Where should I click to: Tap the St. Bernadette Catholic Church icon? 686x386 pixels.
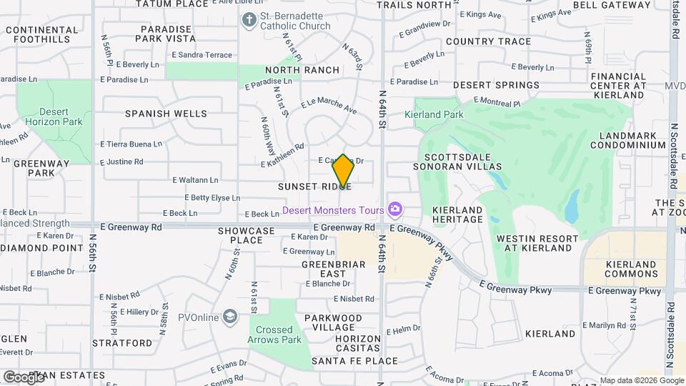coord(249,19)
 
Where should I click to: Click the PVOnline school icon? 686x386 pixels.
coord(230,316)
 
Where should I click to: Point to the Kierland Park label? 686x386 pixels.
coord(434,114)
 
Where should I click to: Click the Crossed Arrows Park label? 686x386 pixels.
coord(275,335)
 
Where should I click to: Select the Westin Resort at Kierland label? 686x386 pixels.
coord(537,243)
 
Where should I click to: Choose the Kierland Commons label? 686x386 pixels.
coord(631,269)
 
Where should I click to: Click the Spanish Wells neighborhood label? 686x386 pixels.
coord(166,114)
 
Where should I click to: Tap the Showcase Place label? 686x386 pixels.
coord(247,236)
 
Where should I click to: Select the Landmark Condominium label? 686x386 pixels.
coord(633,140)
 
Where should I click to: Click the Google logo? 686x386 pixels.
coord(24,377)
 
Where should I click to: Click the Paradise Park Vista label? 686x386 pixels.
coord(168,34)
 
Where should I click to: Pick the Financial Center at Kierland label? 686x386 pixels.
coord(618,90)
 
